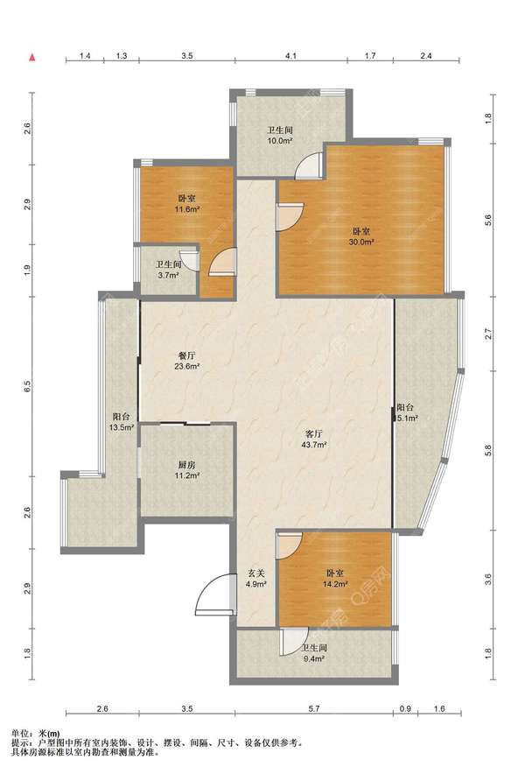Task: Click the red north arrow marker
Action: coord(32,57)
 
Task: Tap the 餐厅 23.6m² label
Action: coord(187,361)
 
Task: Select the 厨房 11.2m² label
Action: coord(187,470)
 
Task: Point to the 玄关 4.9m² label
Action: coord(256,579)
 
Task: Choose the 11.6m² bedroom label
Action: coord(187,203)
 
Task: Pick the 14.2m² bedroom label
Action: coord(335,579)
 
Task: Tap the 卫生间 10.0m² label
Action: coord(280,135)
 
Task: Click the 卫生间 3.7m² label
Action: coord(169,270)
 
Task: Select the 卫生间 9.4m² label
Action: coord(314,652)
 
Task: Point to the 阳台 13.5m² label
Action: coord(122,422)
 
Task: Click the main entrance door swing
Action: coord(213,595)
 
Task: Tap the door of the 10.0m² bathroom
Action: coord(308,165)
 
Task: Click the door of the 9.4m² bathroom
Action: coord(294,642)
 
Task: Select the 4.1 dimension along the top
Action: coord(290,56)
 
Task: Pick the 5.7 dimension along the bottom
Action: coord(314,708)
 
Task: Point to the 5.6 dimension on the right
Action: coord(488,220)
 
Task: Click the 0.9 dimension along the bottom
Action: coord(405,708)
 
